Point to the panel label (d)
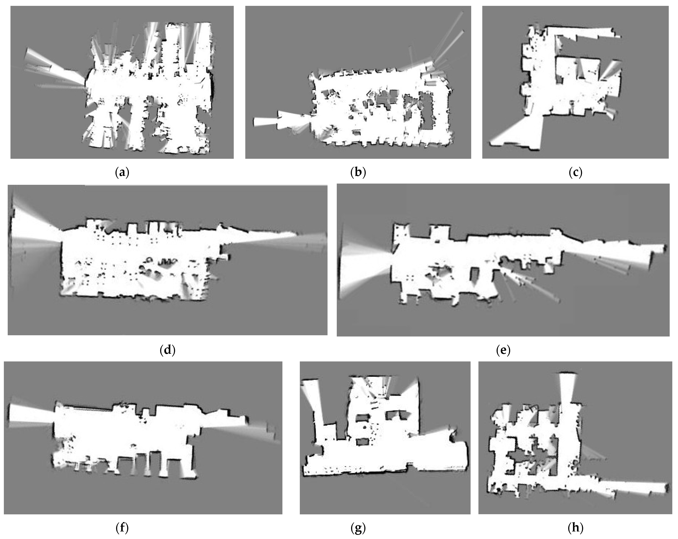coord(167,350)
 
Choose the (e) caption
coord(503,350)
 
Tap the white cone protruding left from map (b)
coord(277,121)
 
